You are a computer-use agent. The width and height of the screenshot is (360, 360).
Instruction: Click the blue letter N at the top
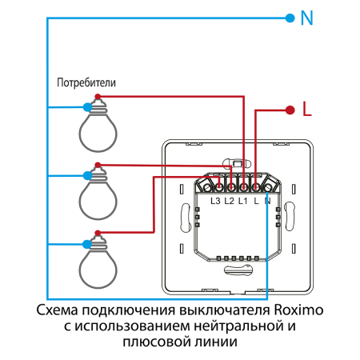pyautogui.click(x=306, y=18)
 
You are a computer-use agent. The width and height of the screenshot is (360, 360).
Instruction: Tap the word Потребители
pyautogui.click(x=86, y=82)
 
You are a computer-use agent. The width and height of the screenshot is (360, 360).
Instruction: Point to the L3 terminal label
pyautogui.click(x=215, y=200)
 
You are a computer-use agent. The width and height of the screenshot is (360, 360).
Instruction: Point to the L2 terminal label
pyautogui.click(x=229, y=200)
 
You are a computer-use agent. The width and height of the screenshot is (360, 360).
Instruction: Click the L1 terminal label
pyautogui.click(x=242, y=200)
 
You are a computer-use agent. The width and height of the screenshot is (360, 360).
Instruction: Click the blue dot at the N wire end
pyautogui.click(x=288, y=18)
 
